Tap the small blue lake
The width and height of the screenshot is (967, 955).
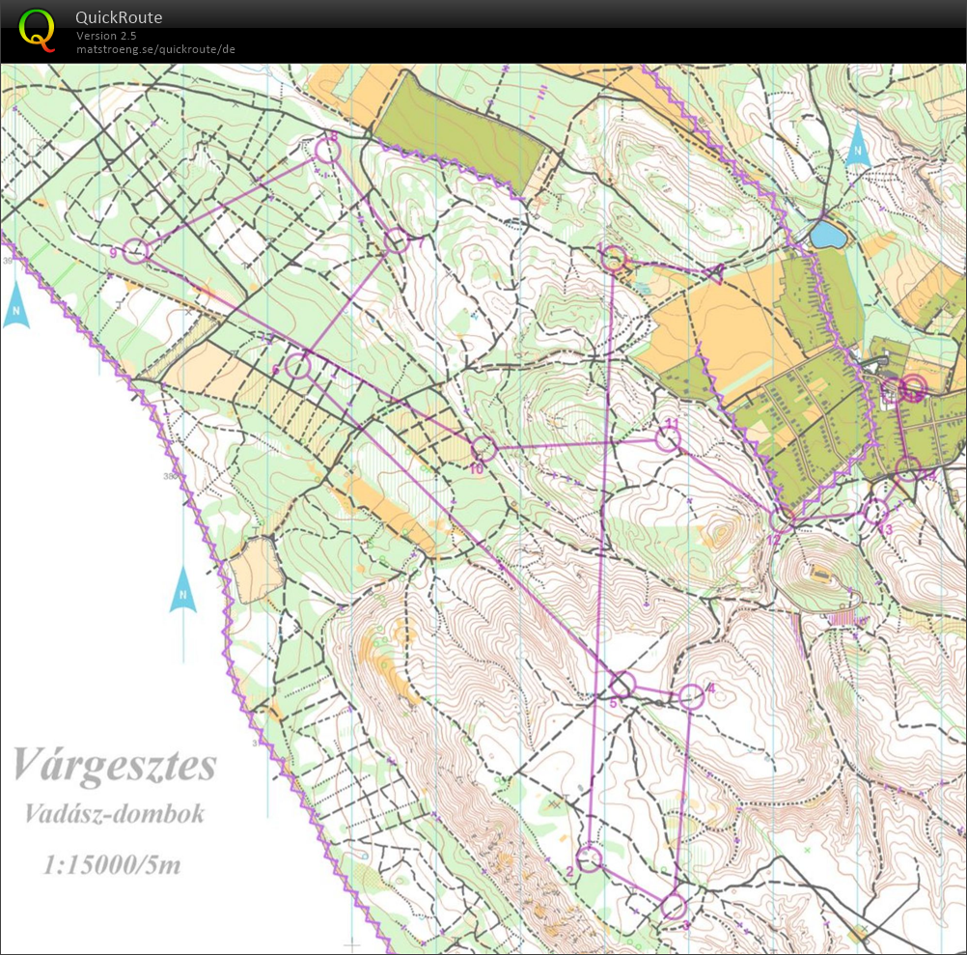point(826,235)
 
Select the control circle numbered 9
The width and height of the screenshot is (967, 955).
point(137,252)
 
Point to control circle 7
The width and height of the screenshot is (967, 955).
point(397,241)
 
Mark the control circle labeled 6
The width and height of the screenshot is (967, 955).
point(298,367)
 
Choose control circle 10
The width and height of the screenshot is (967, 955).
point(483,448)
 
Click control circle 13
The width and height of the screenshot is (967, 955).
point(875,511)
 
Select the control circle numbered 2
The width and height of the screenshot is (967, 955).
point(589,857)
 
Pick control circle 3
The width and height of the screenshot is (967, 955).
point(674,907)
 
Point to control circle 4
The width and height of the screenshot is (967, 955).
point(691,696)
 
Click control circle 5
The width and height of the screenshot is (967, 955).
point(622,685)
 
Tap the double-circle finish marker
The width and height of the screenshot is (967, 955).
point(912,388)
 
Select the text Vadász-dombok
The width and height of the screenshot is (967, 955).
point(115,813)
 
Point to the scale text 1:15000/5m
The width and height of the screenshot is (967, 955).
point(112,863)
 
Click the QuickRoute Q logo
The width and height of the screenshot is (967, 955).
point(38,28)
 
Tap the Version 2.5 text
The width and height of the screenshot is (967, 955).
point(106,36)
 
